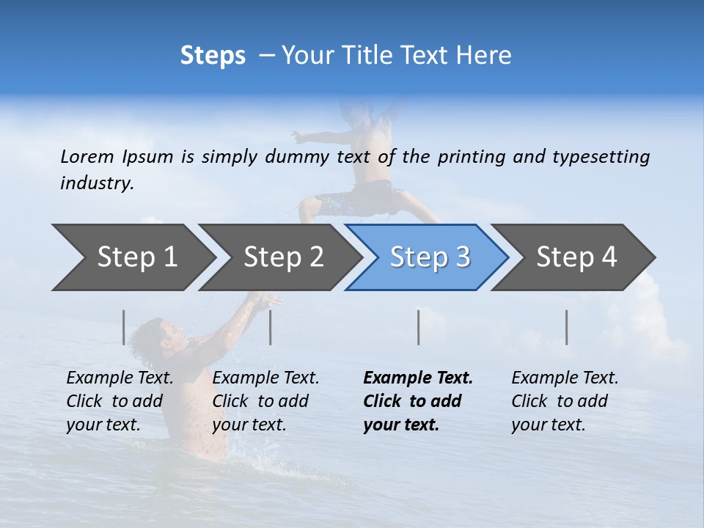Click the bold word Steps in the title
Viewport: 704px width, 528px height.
[213, 56]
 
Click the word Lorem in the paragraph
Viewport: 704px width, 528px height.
[87, 156]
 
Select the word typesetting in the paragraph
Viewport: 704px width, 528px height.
[601, 156]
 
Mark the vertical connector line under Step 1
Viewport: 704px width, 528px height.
[123, 327]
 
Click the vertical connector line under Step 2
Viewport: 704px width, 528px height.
[271, 327]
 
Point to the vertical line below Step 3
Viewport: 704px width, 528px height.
[418, 327]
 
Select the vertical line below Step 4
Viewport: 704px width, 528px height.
[566, 327]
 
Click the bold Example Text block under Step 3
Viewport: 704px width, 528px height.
[418, 401]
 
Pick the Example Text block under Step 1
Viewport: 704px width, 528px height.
[120, 401]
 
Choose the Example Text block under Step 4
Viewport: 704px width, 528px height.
[565, 401]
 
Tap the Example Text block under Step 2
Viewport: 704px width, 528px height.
[265, 401]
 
